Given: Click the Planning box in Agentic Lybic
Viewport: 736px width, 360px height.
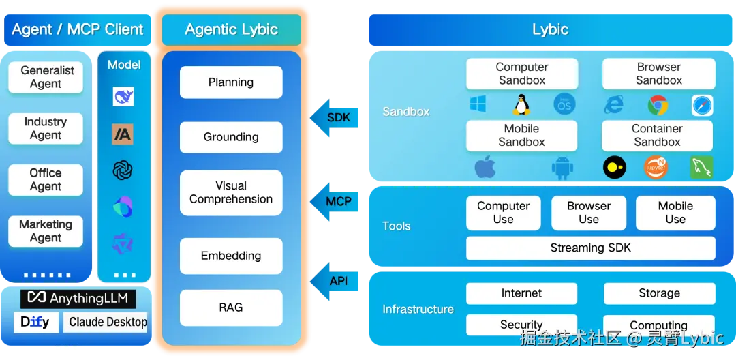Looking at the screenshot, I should (x=231, y=82).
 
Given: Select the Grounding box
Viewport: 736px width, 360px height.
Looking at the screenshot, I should (x=231, y=137).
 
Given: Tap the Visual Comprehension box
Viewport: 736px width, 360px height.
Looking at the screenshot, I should (x=231, y=192).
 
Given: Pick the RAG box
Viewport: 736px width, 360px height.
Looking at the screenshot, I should (x=231, y=307).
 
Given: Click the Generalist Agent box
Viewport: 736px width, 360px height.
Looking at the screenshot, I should (x=46, y=77).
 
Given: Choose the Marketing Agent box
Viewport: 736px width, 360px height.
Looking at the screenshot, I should (x=46, y=231).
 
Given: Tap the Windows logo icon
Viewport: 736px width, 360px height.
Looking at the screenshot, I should (x=478, y=104).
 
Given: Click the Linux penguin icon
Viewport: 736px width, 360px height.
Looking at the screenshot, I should (x=521, y=104).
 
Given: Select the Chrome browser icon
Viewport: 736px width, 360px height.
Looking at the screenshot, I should (x=658, y=105).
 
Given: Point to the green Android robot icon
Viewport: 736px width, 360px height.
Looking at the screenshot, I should (x=562, y=168).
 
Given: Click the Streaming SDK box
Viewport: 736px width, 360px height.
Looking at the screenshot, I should (x=590, y=248).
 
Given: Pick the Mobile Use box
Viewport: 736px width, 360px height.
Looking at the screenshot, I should (x=675, y=213).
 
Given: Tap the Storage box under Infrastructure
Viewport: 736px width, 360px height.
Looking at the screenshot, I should (x=659, y=293).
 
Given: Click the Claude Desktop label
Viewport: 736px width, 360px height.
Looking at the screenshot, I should (x=108, y=322).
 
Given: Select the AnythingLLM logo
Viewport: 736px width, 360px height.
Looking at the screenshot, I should (x=78, y=298).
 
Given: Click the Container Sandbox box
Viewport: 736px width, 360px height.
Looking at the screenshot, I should (x=657, y=135).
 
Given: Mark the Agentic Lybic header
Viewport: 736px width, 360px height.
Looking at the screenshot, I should (x=231, y=30).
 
